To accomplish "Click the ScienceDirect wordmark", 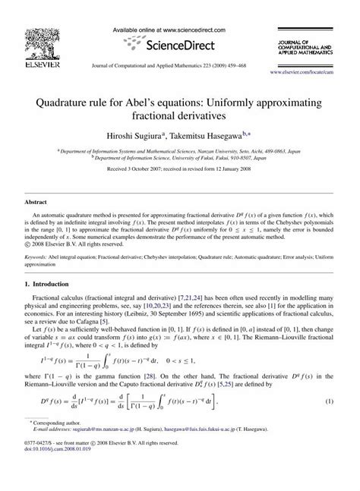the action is [x=180, y=42].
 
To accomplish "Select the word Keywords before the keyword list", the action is [x=39, y=257].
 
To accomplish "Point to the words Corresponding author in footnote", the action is [x=62, y=453].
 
